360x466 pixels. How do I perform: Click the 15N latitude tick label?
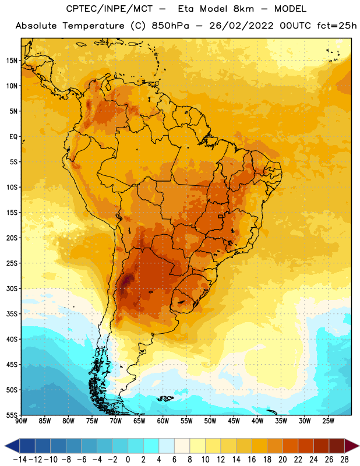(12, 61)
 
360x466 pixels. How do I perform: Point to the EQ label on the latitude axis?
(13, 137)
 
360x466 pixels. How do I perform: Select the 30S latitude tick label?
(12, 288)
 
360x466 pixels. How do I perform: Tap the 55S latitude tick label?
(12, 415)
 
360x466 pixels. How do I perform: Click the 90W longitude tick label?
(21, 421)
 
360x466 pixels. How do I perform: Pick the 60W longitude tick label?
(163, 421)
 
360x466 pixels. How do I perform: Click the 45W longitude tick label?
(234, 421)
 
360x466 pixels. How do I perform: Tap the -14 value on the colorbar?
(20, 460)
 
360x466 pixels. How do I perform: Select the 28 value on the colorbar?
(344, 460)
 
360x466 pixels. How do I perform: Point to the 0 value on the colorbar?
(128, 460)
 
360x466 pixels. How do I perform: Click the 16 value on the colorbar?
(252, 460)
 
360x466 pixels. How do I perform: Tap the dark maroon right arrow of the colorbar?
(351, 446)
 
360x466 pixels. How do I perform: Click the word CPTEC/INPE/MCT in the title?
(109, 9)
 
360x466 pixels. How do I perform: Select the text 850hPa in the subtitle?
(170, 26)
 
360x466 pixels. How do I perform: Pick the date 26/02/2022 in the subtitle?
(241, 26)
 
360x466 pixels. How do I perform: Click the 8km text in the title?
(243, 9)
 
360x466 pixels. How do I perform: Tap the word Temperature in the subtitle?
(93, 26)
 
